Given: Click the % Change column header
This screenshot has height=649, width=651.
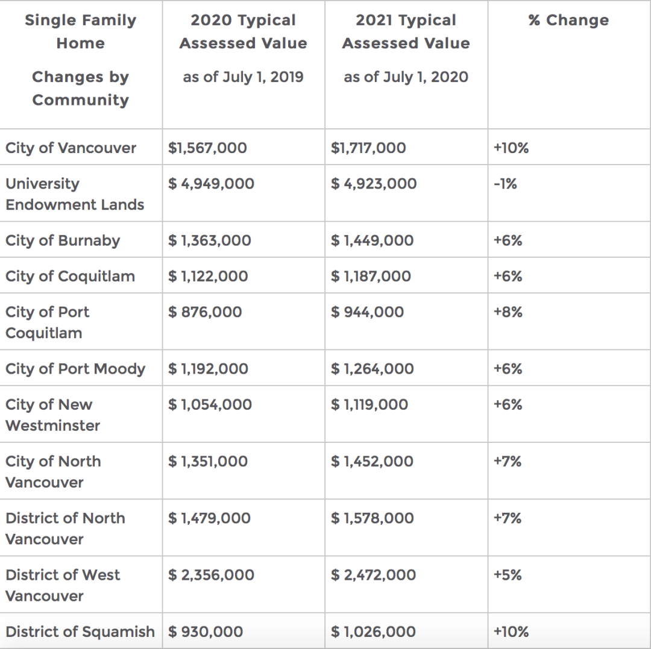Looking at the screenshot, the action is pos(568,20).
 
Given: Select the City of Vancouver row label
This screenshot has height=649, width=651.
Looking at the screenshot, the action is pos(71,148).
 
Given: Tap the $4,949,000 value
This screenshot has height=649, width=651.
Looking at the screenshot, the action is pos(211,183).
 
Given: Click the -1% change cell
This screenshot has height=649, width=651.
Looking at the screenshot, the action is pos(505,183).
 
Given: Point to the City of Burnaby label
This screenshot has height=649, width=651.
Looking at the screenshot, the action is pos(63,240).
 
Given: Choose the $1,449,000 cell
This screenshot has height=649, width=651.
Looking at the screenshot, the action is pos(372,240).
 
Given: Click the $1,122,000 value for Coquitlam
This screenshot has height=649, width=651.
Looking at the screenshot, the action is pos(208,276).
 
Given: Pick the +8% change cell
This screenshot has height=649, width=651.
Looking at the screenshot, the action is pos(508,312).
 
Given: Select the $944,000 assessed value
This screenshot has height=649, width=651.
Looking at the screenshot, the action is pos(367,312).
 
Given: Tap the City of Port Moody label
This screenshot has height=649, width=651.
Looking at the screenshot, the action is pos(75,368).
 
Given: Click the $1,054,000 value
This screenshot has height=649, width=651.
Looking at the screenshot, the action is pos(210,404).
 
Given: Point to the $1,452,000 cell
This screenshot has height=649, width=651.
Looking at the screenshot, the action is pos(372,461).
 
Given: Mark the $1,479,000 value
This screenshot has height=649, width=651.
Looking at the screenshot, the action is pos(209,518).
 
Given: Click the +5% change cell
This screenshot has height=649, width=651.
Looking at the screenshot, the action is pos(508,575).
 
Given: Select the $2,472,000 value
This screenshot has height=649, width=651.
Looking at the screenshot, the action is pos(373,575).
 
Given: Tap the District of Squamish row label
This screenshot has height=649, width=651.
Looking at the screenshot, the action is pos(80,632).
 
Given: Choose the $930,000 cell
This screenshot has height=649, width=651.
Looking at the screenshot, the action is pos(205,632).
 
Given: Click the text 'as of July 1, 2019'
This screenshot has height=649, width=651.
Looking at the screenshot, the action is pos(244,77).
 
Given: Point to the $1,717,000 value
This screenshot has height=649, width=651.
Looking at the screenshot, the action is pos(368,148).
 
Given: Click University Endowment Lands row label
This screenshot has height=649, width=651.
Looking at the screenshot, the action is pos(75,194).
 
